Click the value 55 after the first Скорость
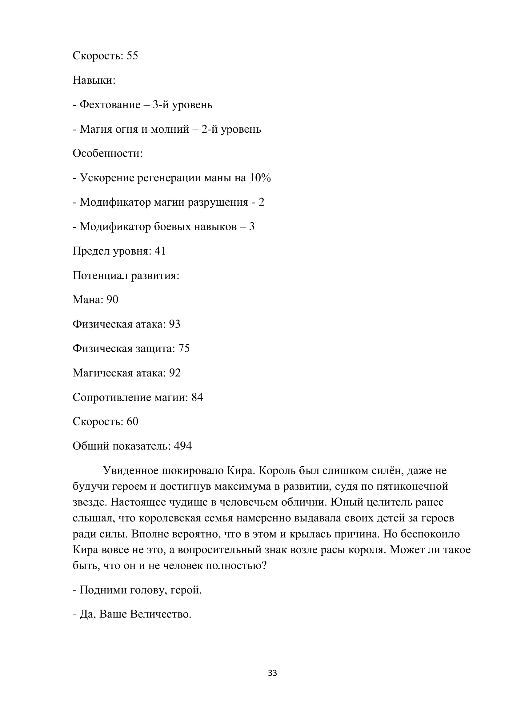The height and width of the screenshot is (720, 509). pyautogui.click(x=132, y=56)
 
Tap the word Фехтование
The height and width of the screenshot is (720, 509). pyautogui.click(x=110, y=105)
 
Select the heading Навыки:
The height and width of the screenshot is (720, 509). pyautogui.click(x=94, y=80)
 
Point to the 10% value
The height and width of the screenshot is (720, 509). pyautogui.click(x=260, y=178)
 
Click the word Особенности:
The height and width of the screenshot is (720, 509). pyautogui.click(x=107, y=153)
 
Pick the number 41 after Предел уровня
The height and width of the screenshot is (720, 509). pyautogui.click(x=160, y=251)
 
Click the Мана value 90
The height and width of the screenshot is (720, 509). pyautogui.click(x=112, y=300)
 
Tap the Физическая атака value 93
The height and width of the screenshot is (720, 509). pyautogui.click(x=174, y=324)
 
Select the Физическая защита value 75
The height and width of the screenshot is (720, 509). pyautogui.click(x=184, y=348)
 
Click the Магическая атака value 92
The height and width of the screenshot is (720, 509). pyautogui.click(x=175, y=373)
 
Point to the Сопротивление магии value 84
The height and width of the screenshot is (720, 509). pyautogui.click(x=197, y=397)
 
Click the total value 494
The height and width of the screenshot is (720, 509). pyautogui.click(x=183, y=446)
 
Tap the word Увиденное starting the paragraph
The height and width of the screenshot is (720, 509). pyautogui.click(x=131, y=471)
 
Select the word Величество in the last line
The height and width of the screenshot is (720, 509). pyautogui.click(x=160, y=614)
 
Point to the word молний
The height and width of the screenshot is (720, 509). pyautogui.click(x=170, y=129)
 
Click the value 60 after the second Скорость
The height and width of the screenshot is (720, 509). pyautogui.click(x=132, y=421)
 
